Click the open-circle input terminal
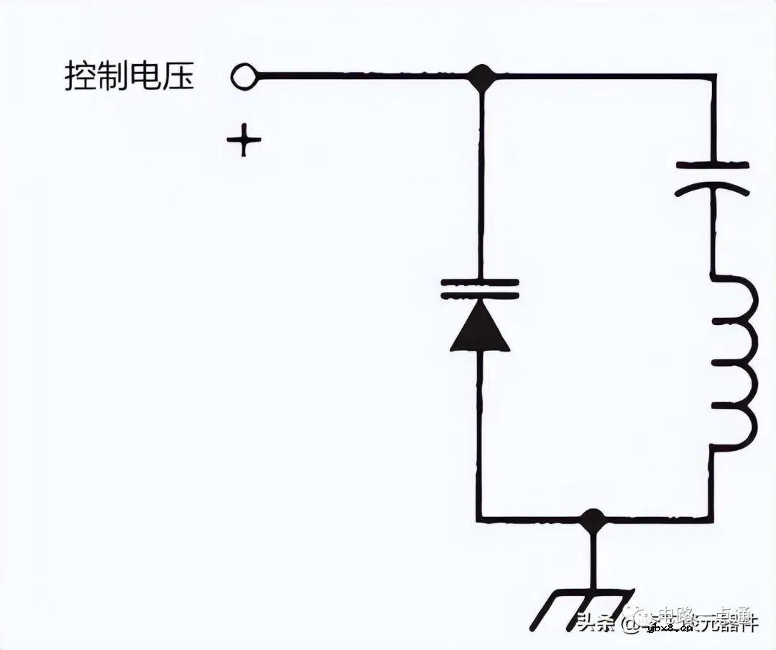coord(244,76)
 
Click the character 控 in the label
coord(80,76)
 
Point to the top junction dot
coord(481,75)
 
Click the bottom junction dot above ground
coord(592,519)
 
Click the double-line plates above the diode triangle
coord(480,288)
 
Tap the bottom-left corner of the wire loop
coord(479,519)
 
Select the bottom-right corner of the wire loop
coord(711,519)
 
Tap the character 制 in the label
coord(113,76)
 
